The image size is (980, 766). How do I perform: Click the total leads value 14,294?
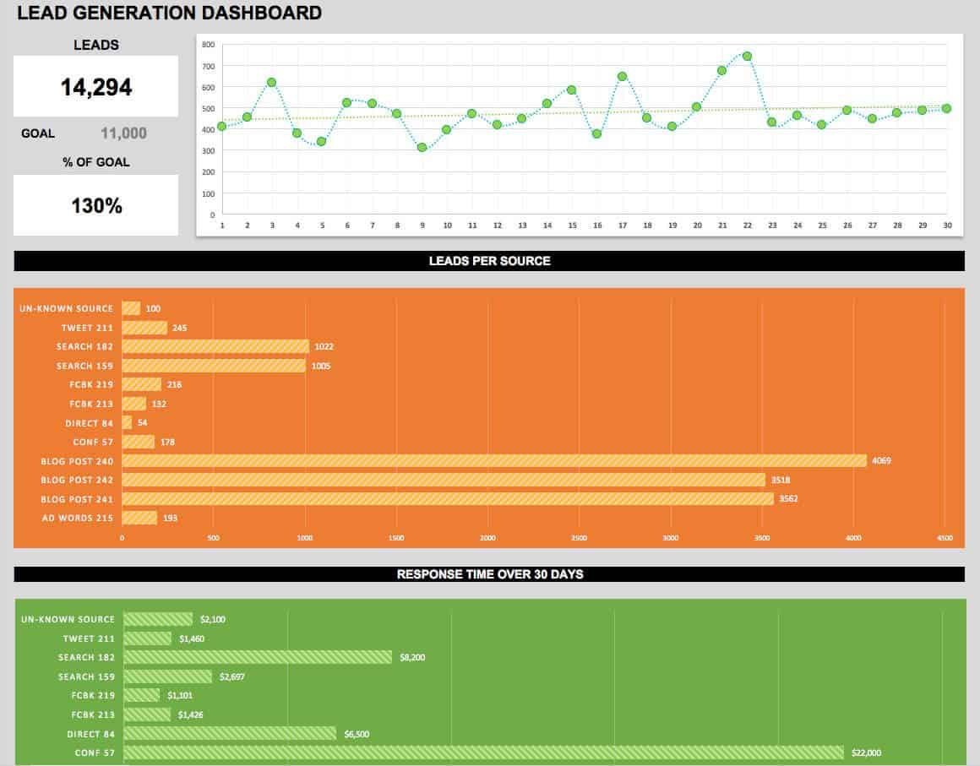[95, 87]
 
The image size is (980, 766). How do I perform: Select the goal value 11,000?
[123, 133]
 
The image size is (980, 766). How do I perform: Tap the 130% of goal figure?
[96, 205]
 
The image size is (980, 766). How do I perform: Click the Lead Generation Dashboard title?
[169, 13]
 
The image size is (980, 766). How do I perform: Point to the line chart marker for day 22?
[747, 57]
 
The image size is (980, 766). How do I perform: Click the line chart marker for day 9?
[422, 148]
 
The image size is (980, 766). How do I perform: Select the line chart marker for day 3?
[272, 83]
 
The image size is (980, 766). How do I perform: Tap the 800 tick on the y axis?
[209, 45]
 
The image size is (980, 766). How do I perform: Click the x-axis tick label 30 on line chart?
[946, 225]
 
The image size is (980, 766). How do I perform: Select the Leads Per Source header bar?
[489, 261]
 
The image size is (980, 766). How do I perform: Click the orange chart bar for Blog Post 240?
[494, 461]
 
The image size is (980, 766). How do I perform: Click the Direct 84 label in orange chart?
[90, 423]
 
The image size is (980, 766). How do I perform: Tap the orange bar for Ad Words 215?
[139, 518]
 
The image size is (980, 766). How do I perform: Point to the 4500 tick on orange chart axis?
[945, 538]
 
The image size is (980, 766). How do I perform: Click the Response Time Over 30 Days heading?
[489, 574]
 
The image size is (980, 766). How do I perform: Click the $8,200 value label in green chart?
[414, 658]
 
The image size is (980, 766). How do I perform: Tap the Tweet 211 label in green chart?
[89, 638]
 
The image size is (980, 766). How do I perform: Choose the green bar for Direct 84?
[230, 734]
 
